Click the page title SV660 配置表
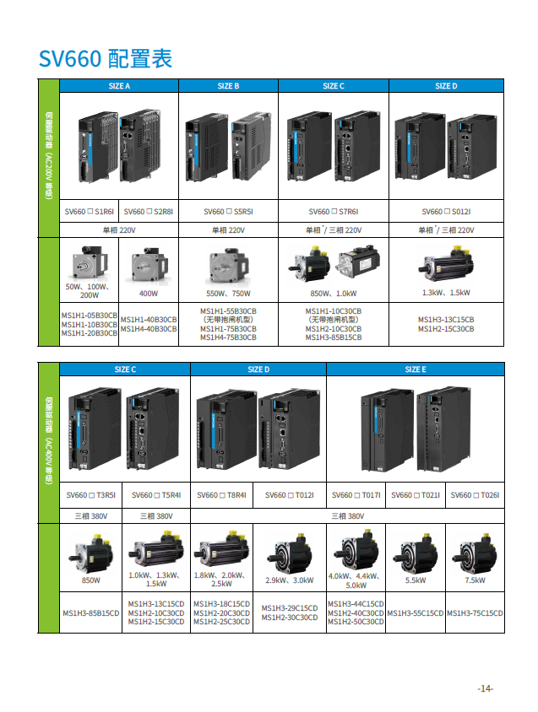point(106,58)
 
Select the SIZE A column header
point(119,86)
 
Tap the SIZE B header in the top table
point(228,86)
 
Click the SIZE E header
point(415,369)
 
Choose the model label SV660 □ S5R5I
point(228,213)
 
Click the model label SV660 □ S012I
point(446,213)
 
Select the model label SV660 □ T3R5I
point(90,496)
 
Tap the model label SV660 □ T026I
point(475,496)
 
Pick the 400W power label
point(148,294)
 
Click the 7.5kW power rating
point(475,580)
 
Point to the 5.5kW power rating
point(415,580)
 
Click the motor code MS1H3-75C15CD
point(475,613)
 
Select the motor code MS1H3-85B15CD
point(90,613)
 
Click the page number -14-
point(485,689)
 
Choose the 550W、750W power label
point(228,294)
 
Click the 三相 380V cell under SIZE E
point(349,515)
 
